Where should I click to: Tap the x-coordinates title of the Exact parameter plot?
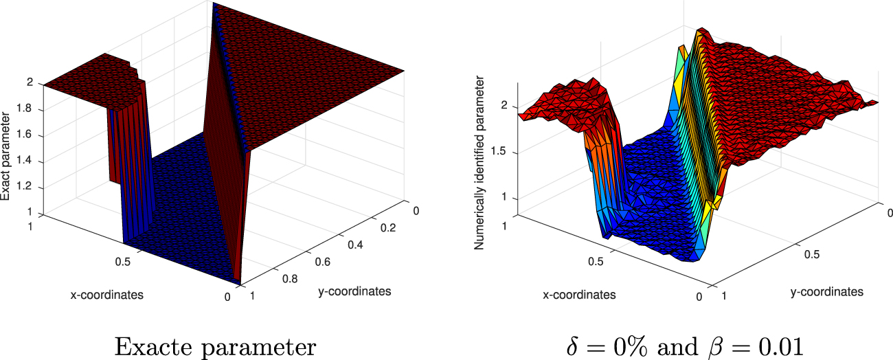point(106,295)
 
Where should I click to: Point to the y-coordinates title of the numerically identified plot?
point(826,292)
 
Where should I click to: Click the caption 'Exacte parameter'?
point(215,345)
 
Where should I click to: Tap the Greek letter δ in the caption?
point(572,345)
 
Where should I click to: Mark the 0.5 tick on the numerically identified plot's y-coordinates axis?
point(812,254)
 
